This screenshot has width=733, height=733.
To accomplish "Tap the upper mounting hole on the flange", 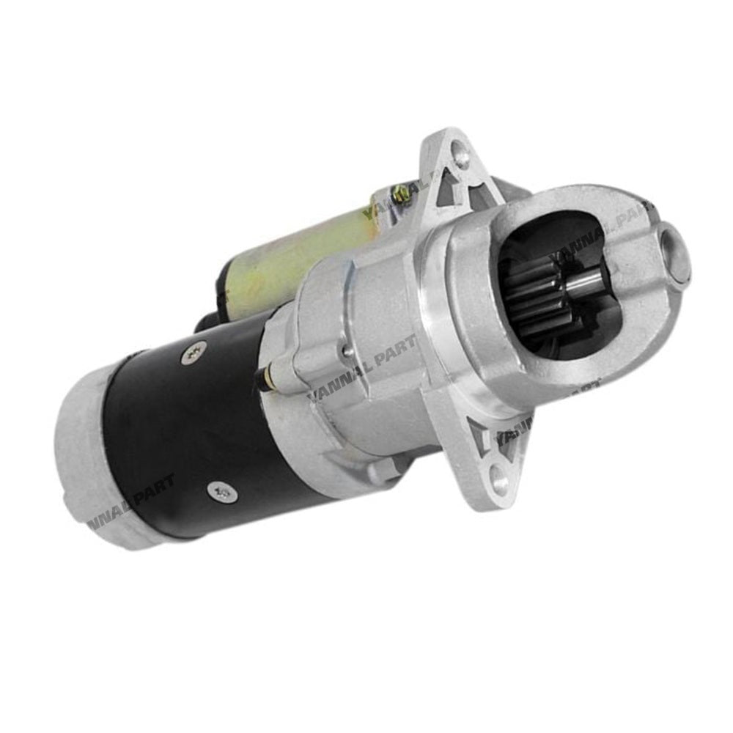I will (x=461, y=155).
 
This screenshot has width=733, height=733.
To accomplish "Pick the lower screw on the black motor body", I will (x=222, y=492).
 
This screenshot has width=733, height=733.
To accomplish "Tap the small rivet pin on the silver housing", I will (x=347, y=350).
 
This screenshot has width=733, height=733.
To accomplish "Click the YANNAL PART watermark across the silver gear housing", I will (x=363, y=366).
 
